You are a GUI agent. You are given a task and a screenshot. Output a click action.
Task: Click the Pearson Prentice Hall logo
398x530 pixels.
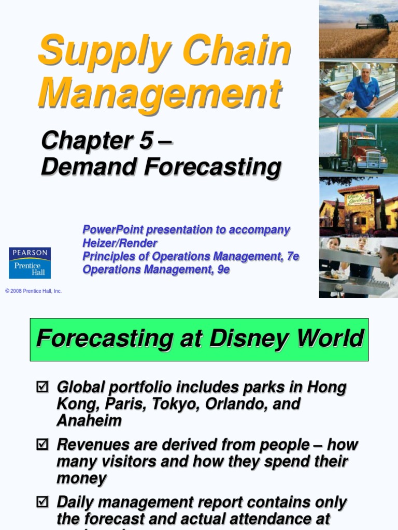pyautogui.click(x=30, y=262)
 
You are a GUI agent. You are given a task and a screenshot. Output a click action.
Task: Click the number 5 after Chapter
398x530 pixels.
pyautogui.click(x=146, y=140)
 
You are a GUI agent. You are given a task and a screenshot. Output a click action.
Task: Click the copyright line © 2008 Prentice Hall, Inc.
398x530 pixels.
pyautogui.click(x=34, y=291)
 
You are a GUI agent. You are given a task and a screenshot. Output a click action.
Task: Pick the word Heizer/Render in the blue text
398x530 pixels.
pyautogui.click(x=120, y=243)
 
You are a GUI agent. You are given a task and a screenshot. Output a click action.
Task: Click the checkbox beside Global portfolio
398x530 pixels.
pyautogui.click(x=42, y=387)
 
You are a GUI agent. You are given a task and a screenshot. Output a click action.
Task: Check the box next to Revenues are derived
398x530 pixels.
pyautogui.click(x=42, y=445)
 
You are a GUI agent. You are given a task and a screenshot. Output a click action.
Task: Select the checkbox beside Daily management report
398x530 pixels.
pyautogui.click(x=42, y=502)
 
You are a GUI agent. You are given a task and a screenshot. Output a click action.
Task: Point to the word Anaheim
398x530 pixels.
pyautogui.click(x=89, y=420)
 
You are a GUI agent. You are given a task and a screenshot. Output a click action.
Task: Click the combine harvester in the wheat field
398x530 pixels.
pyautogui.click(x=372, y=21)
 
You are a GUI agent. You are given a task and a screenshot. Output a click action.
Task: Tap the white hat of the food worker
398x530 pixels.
pyautogui.click(x=366, y=66)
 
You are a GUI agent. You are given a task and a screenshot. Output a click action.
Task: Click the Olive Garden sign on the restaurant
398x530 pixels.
pyautogui.click(x=359, y=199)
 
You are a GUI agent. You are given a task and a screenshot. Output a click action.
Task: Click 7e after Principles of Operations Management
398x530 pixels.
pyautogui.click(x=291, y=256)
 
